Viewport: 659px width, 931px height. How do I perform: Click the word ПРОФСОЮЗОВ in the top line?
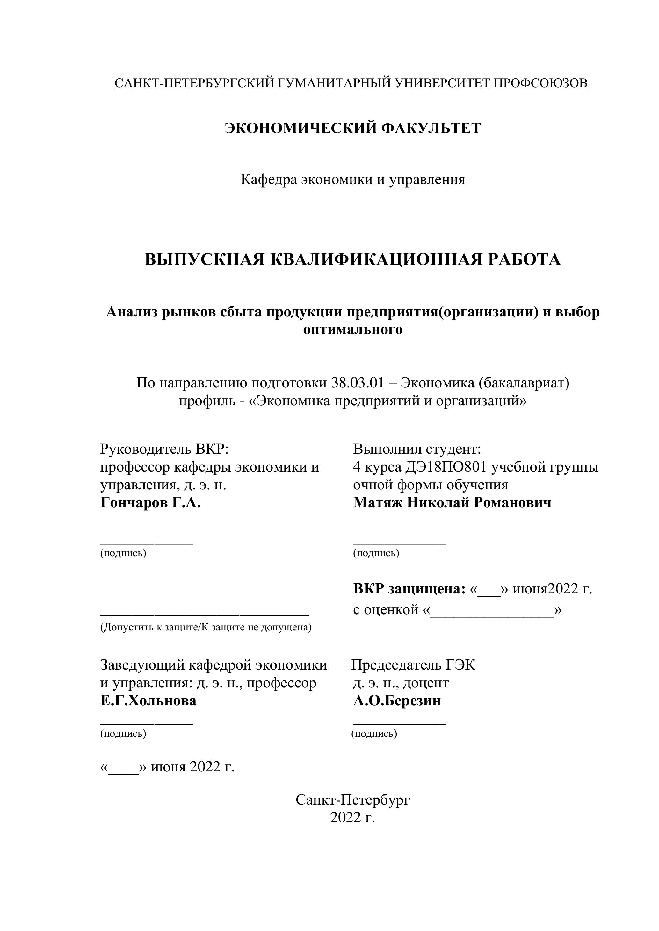pos(540,83)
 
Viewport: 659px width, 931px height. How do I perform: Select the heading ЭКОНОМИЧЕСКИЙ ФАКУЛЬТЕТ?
pos(353,128)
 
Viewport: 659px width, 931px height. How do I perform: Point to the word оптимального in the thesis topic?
pos(353,329)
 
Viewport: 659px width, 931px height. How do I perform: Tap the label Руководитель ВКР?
pos(165,449)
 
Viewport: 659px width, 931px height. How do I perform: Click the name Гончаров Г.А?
pos(150,503)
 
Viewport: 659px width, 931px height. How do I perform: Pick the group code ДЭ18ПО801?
pos(445,467)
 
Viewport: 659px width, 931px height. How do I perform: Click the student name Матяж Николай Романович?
pos(452,503)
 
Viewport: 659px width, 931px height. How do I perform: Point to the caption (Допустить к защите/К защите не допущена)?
pos(206,628)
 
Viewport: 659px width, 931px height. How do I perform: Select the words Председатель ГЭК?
pos(413,665)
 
